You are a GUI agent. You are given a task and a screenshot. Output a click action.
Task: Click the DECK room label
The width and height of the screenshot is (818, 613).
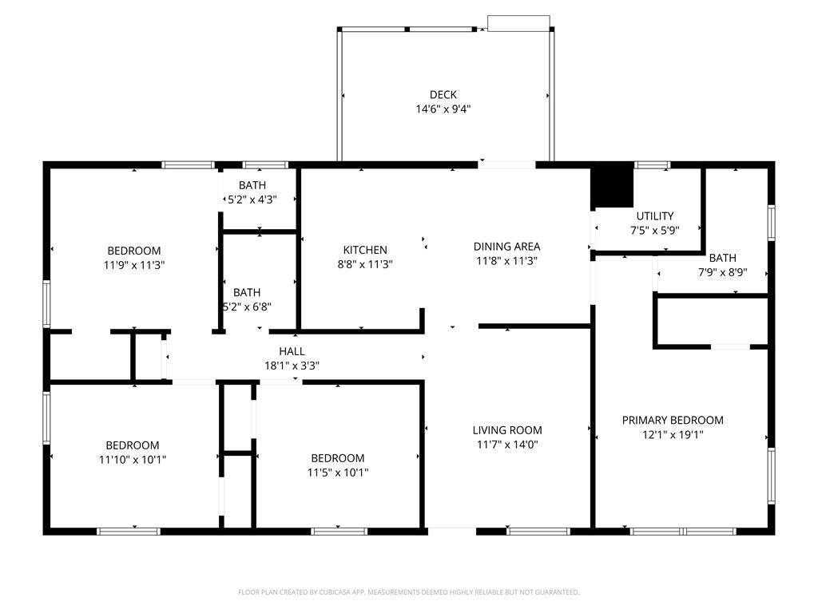(443, 95)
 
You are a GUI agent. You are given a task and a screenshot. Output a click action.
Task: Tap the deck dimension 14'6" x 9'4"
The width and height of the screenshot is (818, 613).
(443, 110)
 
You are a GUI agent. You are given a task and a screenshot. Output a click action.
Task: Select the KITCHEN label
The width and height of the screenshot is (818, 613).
(365, 250)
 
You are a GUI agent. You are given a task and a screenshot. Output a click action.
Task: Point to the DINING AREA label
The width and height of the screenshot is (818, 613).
(506, 247)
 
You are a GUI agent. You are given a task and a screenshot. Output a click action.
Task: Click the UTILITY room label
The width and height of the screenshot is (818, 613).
(655, 216)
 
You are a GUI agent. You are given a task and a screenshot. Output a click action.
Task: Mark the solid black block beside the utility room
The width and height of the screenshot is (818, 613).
(612, 185)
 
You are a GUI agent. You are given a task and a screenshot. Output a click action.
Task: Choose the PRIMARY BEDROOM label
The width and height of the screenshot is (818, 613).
(673, 420)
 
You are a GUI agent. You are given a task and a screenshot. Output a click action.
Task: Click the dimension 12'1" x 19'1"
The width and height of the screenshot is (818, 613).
(673, 435)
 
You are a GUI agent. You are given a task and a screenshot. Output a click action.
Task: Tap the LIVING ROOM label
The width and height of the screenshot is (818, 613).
(507, 430)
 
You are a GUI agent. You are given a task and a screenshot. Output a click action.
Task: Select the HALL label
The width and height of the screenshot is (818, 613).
(292, 351)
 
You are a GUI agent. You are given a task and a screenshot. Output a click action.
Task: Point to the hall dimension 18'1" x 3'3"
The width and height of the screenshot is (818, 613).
(292, 366)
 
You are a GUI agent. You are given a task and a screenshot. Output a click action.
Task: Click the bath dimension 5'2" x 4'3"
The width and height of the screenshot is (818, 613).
(252, 200)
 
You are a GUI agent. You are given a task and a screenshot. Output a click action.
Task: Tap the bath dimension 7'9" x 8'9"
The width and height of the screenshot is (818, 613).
(722, 272)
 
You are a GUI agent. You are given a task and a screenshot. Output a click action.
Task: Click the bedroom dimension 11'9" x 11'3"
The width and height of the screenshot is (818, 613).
(134, 265)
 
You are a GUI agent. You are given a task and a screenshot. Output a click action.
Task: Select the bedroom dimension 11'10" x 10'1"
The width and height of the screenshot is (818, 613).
(133, 460)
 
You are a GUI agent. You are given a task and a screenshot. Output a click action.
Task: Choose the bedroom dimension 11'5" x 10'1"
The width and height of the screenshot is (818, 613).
(338, 473)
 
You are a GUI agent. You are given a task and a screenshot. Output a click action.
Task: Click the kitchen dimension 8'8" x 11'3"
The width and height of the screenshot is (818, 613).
(365, 264)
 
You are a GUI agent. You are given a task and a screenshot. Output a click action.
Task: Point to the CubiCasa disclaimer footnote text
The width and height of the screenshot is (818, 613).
(409, 592)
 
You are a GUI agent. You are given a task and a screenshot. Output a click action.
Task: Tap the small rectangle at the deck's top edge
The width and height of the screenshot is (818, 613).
(518, 23)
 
